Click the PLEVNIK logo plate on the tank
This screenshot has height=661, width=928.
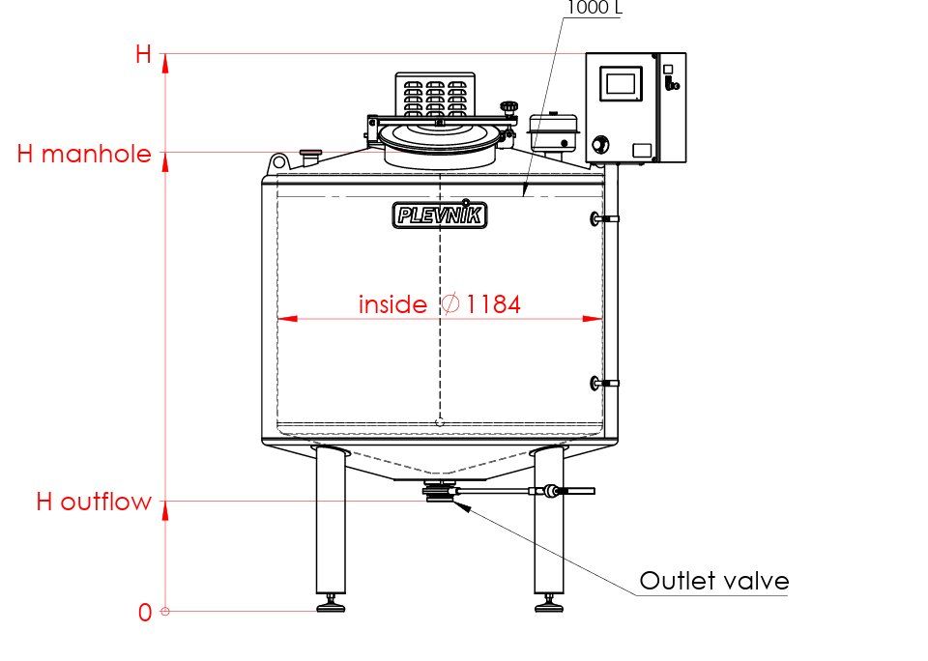440,215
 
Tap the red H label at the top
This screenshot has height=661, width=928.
143,54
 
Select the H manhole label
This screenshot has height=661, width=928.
84,154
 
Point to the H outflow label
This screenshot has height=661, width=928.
94,502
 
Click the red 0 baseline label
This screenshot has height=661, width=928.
145,613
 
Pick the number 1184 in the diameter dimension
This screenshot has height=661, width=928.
494,304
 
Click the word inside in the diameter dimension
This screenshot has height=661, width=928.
392,304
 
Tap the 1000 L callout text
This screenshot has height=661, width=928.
594,8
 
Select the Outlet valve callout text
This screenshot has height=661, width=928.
714,581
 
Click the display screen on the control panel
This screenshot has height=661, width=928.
621,83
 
